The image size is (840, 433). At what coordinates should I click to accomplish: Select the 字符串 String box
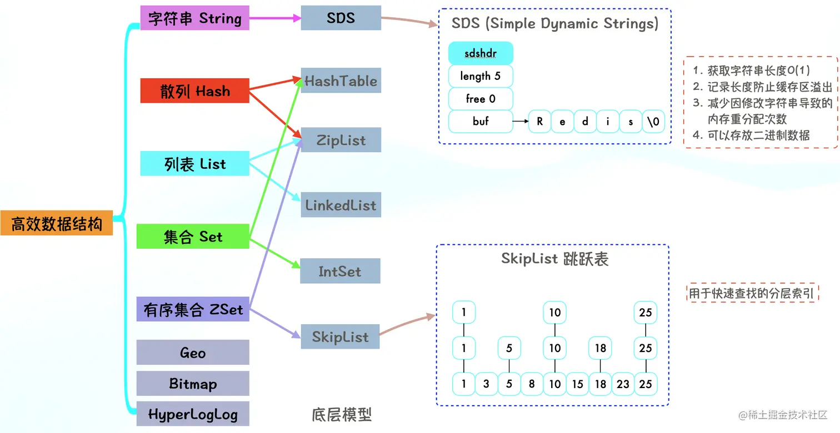[x=194, y=18]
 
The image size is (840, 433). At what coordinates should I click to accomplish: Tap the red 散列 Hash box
[x=194, y=91]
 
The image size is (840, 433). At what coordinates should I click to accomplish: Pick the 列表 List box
[x=194, y=164]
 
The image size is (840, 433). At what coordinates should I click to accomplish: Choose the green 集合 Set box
[x=193, y=236]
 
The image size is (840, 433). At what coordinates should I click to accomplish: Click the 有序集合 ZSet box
[x=193, y=309]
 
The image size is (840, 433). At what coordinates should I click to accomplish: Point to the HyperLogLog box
[x=193, y=414]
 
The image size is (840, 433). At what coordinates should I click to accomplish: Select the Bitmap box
[x=193, y=384]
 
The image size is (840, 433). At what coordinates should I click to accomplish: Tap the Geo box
[x=193, y=353]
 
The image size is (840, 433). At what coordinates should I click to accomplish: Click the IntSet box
[x=340, y=271]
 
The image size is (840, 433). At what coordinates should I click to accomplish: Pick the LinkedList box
[x=341, y=205]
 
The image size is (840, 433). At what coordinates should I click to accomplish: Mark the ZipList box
[x=341, y=140]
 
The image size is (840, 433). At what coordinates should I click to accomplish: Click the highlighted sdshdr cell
[x=481, y=54]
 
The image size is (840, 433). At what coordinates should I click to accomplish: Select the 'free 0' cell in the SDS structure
[x=481, y=99]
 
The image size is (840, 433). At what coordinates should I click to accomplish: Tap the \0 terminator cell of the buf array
[x=653, y=122]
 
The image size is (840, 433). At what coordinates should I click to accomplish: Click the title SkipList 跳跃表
[x=554, y=259]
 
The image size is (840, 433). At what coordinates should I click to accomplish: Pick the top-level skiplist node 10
[x=555, y=313]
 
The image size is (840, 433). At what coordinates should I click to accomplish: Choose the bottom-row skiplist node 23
[x=623, y=384]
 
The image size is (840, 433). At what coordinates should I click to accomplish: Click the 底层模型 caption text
[x=341, y=415]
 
